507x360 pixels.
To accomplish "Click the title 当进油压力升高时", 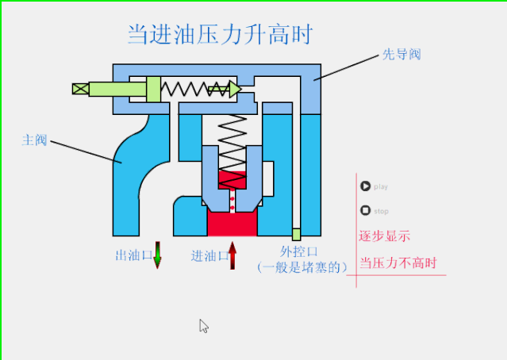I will (220, 35).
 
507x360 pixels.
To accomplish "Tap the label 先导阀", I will (401, 55).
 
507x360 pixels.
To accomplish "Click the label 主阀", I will (34, 140).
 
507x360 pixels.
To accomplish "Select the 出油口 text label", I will (133, 255).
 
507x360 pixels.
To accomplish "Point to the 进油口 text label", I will (209, 256).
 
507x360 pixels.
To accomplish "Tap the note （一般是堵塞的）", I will (302, 268).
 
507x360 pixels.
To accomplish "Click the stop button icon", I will (365, 211).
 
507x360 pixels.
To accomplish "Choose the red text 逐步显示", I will (385, 236).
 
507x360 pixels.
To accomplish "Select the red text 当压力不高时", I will (398, 262).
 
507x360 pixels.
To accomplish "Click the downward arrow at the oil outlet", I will (157, 255).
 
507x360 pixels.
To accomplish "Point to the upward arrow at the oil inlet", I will (232, 255).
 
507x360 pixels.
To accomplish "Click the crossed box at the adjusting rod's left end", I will (80, 89).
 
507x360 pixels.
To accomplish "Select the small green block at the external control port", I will (296, 234).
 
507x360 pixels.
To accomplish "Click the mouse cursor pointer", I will (203, 325).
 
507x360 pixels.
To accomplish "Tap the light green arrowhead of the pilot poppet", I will (233, 89).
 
